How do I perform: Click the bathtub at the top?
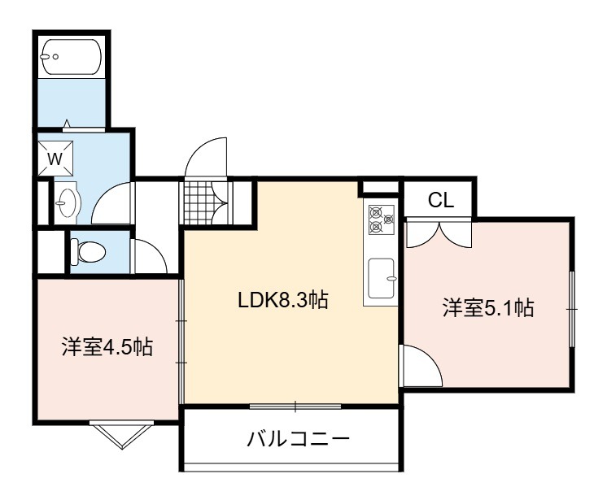[x=72, y=57]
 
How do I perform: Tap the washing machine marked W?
[x=55, y=159]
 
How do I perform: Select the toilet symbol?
[x=88, y=253]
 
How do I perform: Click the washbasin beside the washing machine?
[x=67, y=202]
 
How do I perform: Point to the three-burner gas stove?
[x=382, y=220]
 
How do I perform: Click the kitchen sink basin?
[x=382, y=278]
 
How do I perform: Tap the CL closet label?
[x=440, y=200]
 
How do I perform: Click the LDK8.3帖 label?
[x=283, y=300]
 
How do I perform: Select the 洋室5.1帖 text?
[x=488, y=308]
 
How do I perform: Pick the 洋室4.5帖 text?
[x=107, y=347]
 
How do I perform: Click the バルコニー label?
[x=298, y=439]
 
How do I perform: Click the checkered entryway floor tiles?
[x=198, y=202]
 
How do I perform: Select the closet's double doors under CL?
[x=439, y=233]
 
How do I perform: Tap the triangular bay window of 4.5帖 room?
[x=121, y=437]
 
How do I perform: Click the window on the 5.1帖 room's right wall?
[x=572, y=310]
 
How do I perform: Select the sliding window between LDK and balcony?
[x=295, y=407]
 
